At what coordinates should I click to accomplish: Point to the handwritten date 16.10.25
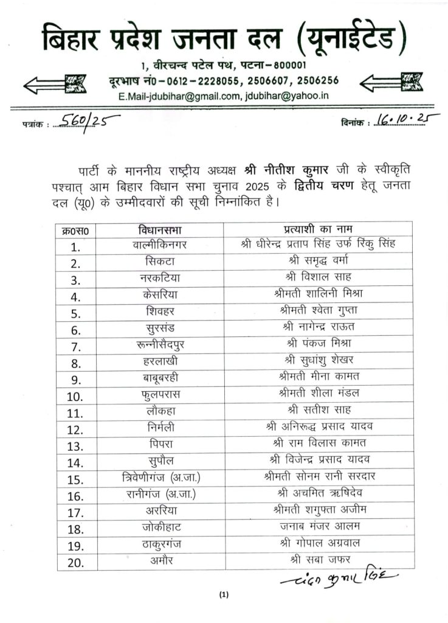pyautogui.click(x=408, y=119)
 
